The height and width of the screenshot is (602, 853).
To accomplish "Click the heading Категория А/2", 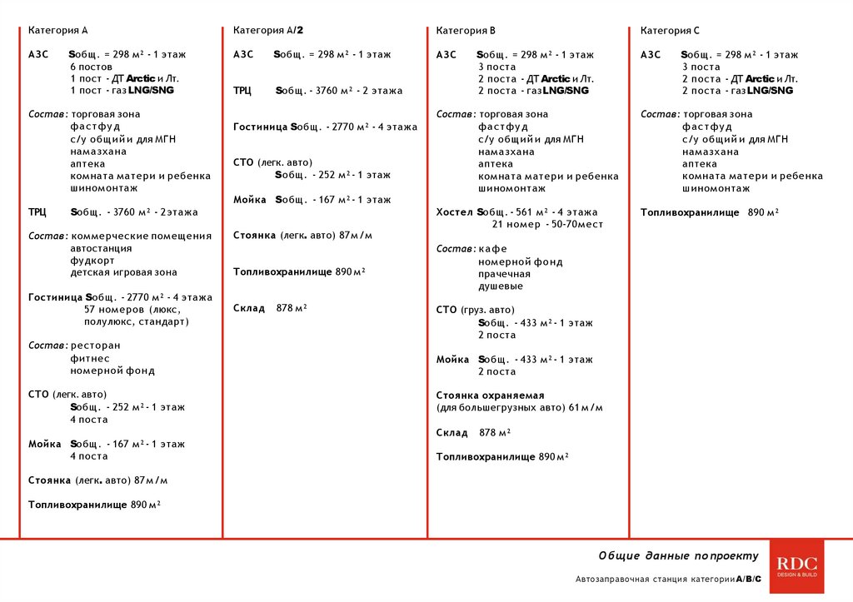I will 268,31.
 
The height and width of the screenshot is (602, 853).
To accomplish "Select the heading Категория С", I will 670,31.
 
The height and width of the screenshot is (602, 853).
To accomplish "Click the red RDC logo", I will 796,566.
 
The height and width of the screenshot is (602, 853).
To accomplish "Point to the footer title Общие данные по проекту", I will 678,555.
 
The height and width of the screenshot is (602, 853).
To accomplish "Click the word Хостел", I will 454,212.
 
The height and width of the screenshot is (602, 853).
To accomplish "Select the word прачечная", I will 504,274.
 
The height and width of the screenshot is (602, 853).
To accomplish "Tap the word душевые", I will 501,286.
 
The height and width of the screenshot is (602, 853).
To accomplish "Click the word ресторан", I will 95,346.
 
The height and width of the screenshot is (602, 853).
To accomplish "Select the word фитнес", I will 90,358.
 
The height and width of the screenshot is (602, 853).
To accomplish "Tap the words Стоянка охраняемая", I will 490,396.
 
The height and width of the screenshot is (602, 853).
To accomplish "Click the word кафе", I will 492,249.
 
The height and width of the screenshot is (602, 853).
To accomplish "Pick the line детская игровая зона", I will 123,272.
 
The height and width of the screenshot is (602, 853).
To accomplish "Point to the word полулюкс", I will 107,321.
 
